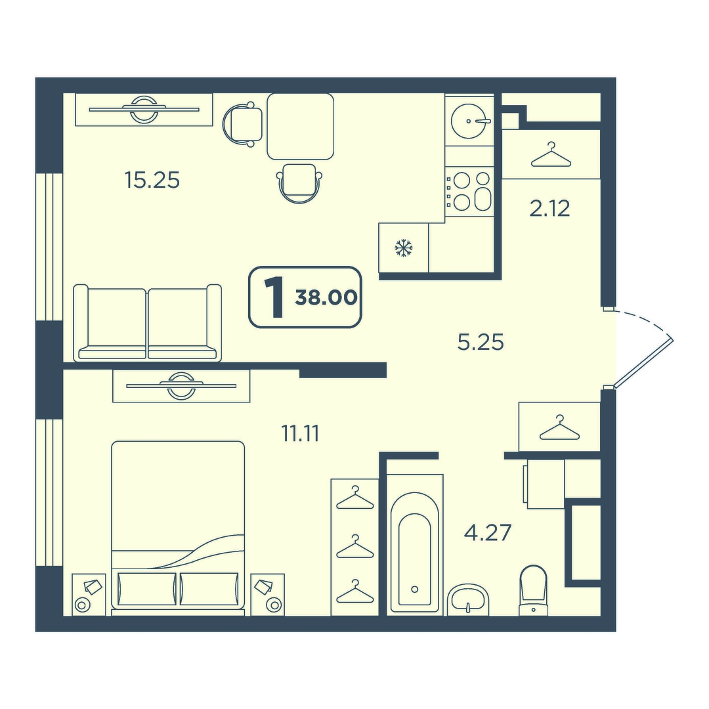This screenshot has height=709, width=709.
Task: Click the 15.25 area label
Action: coord(152,181)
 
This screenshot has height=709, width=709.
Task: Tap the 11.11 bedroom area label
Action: coord(300,434)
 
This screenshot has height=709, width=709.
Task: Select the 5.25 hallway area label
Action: coord(481,342)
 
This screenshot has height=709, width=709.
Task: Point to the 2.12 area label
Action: coord(549,209)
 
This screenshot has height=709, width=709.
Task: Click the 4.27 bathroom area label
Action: coord(487,532)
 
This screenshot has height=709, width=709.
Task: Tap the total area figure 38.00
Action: coord(326,298)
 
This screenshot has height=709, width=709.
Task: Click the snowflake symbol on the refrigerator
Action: coord(403,248)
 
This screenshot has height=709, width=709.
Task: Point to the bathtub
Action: coord(415,545)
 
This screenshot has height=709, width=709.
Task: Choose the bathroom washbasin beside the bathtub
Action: coord(468,599)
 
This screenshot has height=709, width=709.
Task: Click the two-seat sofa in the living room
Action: coord(148,322)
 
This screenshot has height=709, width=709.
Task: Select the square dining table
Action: coord(300,126)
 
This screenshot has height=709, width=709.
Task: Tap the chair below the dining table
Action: coord(299,183)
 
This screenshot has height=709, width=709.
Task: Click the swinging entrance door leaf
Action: coord(642,362)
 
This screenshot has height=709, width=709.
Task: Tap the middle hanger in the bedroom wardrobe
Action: coord(355,546)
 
